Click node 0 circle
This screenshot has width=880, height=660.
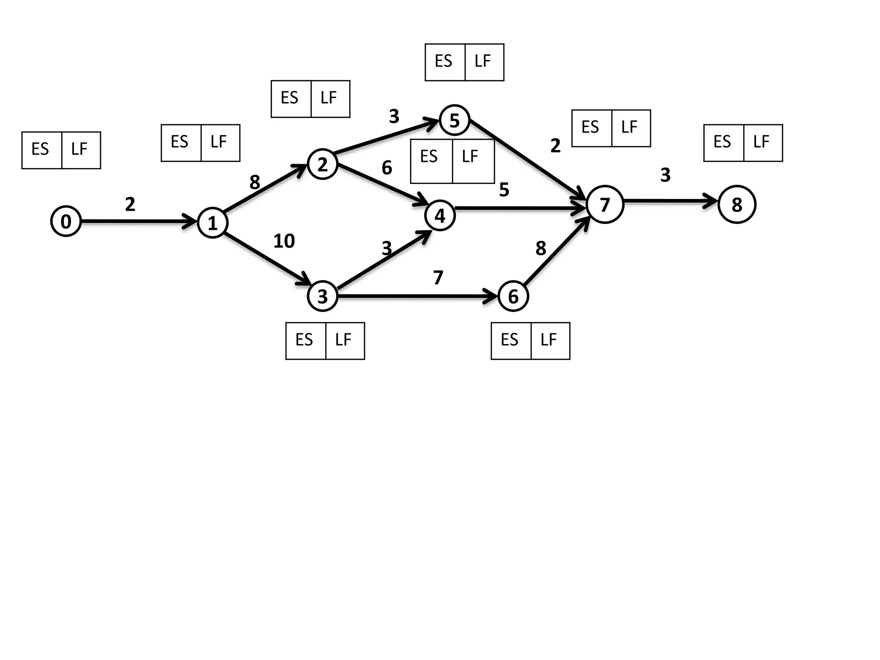66,222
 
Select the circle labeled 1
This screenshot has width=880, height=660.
212,223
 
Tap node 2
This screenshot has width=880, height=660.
323,164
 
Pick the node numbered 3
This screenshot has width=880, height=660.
323,296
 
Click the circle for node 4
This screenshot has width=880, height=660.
440,216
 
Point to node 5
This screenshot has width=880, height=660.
455,120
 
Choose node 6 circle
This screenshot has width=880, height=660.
513,296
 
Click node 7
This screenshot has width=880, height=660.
605,205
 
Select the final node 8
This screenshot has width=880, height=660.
737,205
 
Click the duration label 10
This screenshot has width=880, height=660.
284,241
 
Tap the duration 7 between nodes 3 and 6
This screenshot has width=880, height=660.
438,278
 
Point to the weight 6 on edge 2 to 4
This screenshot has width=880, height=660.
387,168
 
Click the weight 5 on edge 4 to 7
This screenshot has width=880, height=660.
504,189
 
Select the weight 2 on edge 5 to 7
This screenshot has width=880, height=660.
555,146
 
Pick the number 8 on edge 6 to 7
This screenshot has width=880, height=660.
541,248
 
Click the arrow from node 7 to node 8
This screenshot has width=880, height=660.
670,201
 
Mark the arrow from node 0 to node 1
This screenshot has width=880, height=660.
137,222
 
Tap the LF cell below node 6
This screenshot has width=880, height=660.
550,341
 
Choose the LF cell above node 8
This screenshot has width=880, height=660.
763,143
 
